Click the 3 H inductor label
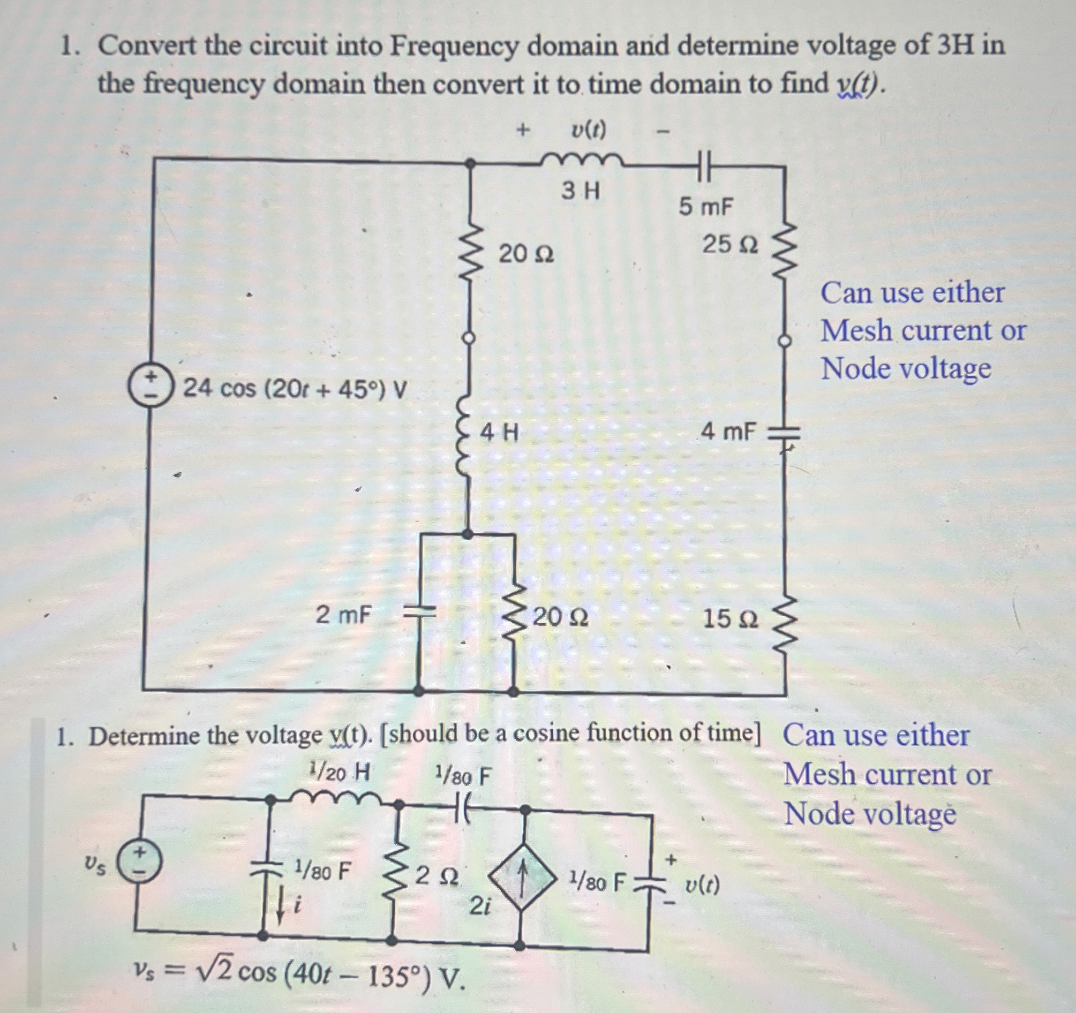(x=580, y=191)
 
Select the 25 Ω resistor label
(x=729, y=245)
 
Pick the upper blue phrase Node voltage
(x=906, y=369)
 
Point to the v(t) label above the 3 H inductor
(x=589, y=130)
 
